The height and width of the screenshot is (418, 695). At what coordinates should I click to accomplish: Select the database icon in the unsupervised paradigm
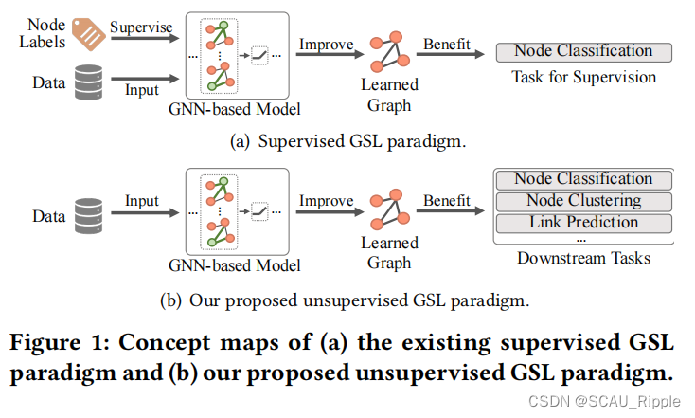(x=87, y=216)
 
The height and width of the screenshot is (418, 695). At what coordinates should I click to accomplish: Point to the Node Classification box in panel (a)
(x=583, y=51)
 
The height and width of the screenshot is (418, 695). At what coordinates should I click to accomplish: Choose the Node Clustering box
(x=583, y=201)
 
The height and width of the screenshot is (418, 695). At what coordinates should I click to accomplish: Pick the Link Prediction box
(x=583, y=223)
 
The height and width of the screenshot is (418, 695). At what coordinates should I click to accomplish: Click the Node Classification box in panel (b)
(x=583, y=179)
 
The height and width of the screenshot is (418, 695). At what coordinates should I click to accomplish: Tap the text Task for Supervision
(x=583, y=77)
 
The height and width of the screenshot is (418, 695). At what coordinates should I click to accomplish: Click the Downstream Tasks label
(x=583, y=258)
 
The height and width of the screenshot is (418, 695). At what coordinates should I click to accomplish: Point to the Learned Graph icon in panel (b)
(x=389, y=213)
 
